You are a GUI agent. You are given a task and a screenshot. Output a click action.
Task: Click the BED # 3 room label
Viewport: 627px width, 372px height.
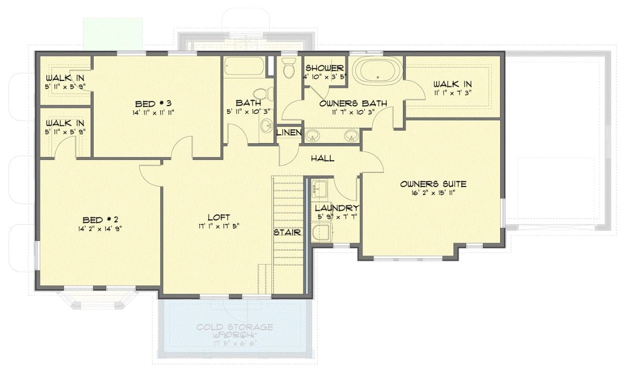click(x=154, y=103)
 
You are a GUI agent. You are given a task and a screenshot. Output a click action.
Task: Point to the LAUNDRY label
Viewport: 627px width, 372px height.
click(x=336, y=208)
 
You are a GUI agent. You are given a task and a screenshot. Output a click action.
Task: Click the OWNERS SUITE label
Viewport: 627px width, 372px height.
click(x=433, y=184)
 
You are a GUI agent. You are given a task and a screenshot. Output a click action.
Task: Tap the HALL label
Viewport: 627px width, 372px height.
click(x=322, y=158)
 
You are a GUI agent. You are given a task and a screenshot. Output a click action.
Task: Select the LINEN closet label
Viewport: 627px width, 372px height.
click(x=289, y=133)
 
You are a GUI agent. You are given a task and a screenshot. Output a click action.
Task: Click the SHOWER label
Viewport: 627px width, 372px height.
click(x=324, y=68)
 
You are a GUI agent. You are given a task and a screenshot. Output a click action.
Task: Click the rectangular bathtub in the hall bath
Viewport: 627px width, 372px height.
click(x=244, y=67)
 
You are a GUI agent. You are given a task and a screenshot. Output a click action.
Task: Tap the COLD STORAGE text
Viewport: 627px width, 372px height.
click(x=235, y=327)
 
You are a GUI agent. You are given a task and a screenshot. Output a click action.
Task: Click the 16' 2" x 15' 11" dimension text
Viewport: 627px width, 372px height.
click(x=433, y=193)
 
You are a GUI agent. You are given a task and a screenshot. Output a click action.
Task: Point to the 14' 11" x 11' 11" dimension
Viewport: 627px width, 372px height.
click(x=154, y=112)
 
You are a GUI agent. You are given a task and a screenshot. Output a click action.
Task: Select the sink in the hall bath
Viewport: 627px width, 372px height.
click(x=266, y=125)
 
